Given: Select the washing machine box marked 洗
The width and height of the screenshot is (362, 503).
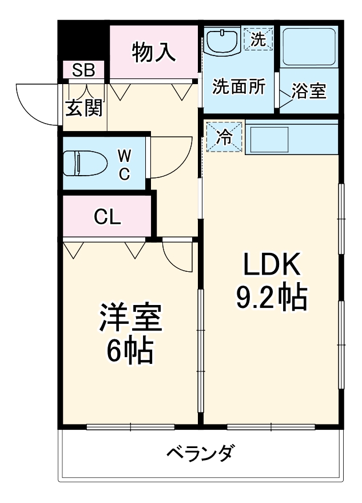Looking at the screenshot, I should [258, 39].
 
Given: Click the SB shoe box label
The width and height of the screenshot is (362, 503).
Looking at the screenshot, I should [84, 70].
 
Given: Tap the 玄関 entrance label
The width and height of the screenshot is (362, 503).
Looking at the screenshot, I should [83, 108].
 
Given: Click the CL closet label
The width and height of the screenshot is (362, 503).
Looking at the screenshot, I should [107, 217].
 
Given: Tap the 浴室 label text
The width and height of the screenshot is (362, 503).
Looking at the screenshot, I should [309, 91].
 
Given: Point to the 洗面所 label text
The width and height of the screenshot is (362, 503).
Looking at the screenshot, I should [238, 86].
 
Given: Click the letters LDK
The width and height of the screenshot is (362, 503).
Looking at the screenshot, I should [272, 265].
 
